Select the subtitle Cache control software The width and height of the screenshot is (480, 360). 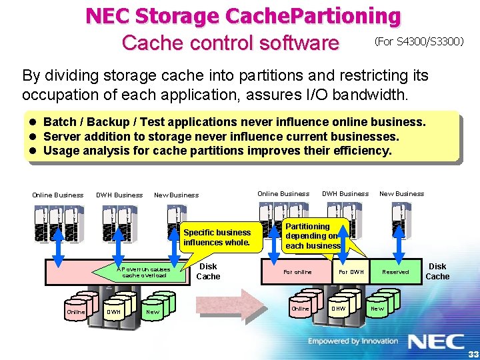(x=230, y=43)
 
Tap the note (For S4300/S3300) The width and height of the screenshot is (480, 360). (x=419, y=42)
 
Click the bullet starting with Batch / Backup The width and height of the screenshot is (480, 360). (x=234, y=122)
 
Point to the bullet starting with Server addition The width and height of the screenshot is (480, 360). (x=221, y=136)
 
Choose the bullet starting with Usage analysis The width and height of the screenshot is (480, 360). (x=217, y=151)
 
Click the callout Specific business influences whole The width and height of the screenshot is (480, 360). (x=217, y=237)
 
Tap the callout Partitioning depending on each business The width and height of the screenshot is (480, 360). (x=312, y=236)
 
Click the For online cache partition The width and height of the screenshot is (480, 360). (x=297, y=272)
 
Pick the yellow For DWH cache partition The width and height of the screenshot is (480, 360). (x=351, y=272)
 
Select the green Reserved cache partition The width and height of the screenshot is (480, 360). (x=395, y=272)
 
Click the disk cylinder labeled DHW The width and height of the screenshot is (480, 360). (x=339, y=307)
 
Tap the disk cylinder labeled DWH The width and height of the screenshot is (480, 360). (x=114, y=311)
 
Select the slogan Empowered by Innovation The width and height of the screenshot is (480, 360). (x=353, y=341)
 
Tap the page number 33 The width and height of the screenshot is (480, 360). (x=473, y=353)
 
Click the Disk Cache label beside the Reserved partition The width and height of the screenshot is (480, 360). (x=437, y=271)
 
